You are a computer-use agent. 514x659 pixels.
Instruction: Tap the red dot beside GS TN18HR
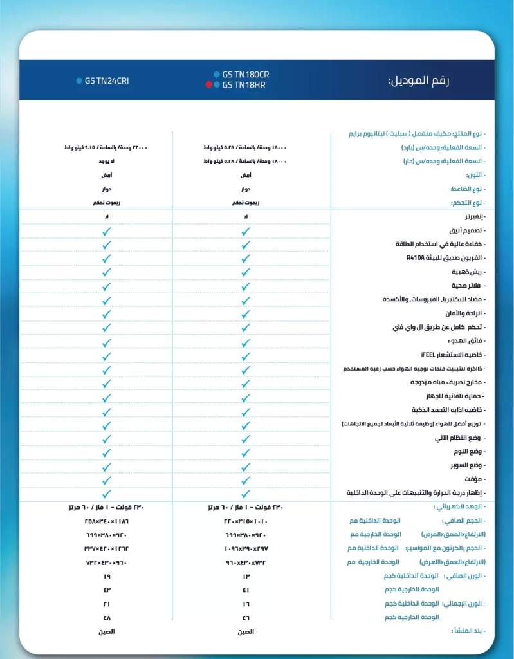tap(209, 85)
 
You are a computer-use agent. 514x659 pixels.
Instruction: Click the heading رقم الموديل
tap(419, 81)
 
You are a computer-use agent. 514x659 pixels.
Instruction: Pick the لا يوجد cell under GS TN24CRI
tap(107, 161)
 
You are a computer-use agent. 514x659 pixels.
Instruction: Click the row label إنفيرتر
tap(472, 217)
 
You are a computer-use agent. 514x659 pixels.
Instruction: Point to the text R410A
tap(416, 258)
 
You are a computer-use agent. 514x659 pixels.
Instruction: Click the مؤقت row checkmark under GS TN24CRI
tap(107, 480)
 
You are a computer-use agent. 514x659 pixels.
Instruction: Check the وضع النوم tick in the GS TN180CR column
tap(245, 452)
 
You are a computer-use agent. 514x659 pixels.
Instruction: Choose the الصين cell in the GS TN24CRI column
tap(107, 631)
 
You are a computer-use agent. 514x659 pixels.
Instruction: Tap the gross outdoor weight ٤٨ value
tap(107, 617)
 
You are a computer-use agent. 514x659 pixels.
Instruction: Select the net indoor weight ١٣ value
tap(245, 576)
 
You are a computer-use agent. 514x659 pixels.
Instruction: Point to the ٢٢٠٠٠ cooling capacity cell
tap(107, 147)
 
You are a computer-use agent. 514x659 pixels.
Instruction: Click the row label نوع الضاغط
tap(466, 189)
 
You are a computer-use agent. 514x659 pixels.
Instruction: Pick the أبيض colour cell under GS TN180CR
tap(245, 175)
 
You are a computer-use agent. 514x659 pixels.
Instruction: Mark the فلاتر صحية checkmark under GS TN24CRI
tap(107, 286)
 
